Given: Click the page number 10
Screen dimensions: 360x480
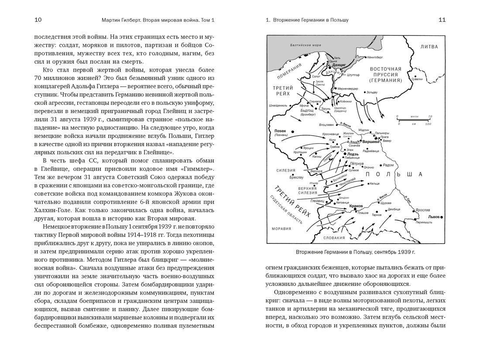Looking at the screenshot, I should [x=38, y=20].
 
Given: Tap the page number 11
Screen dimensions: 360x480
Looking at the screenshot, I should [x=442, y=20].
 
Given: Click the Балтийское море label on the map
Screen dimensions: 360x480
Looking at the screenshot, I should [x=305, y=45].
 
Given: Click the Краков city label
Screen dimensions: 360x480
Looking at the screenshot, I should [x=356, y=206].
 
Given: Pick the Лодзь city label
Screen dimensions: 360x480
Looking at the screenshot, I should [x=353, y=154].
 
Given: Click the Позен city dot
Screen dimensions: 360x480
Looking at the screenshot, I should [x=292, y=131].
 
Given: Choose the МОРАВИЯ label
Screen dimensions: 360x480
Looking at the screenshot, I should [x=281, y=229].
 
